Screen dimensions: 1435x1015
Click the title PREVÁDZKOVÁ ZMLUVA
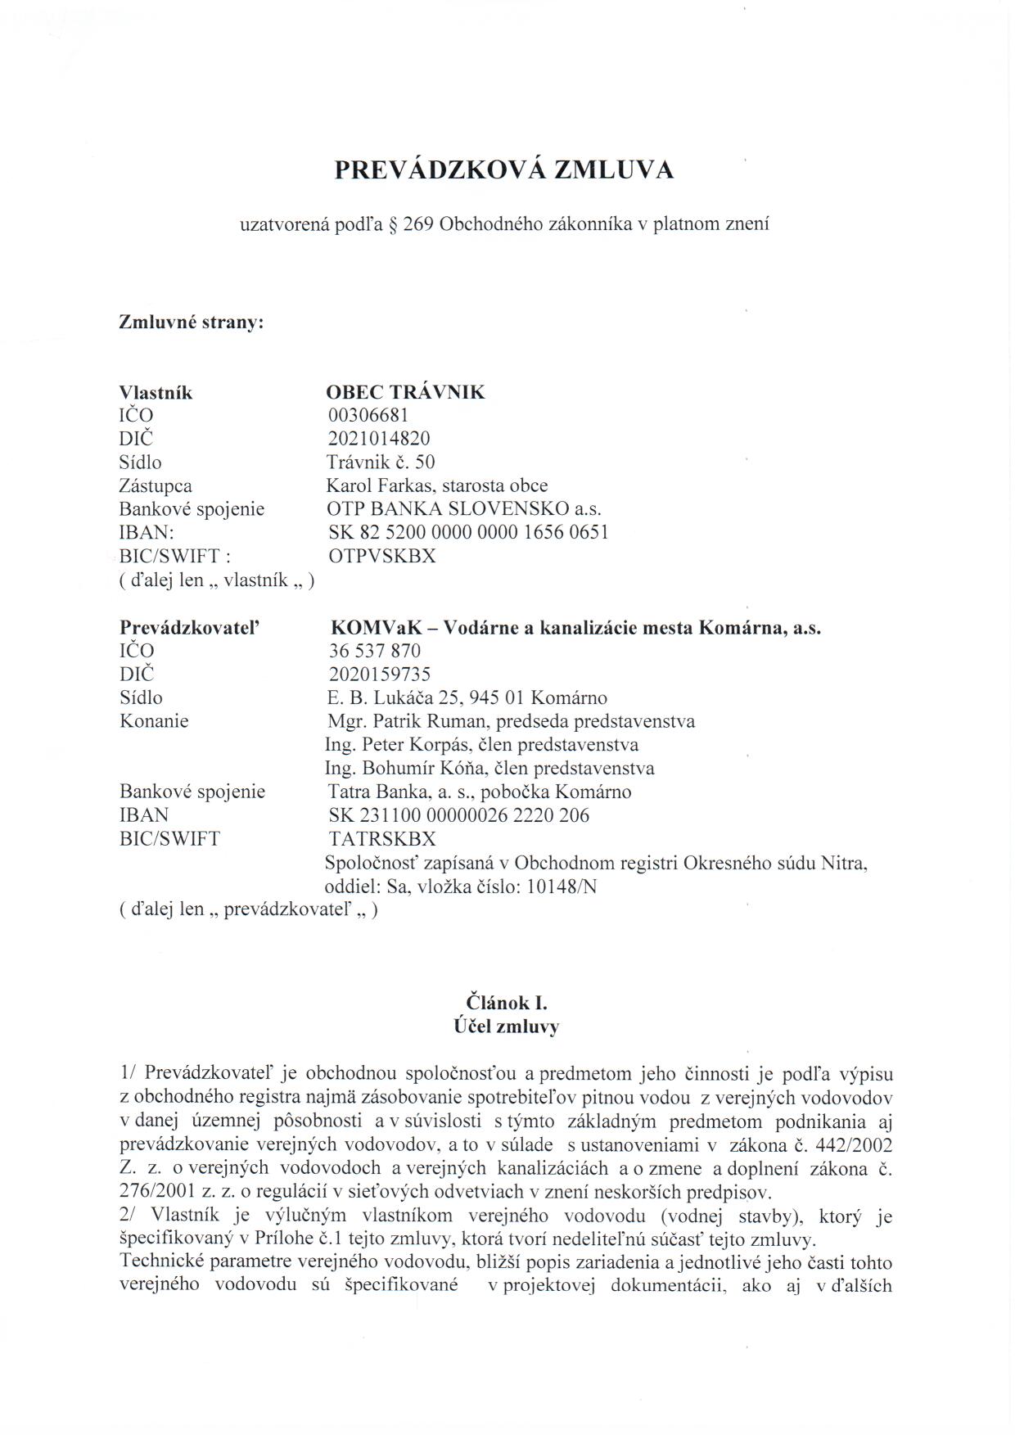[x=504, y=169]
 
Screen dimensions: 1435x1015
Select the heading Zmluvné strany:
[x=192, y=322]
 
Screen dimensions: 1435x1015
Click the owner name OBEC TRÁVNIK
[x=405, y=392]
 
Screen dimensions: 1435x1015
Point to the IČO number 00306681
[x=367, y=416]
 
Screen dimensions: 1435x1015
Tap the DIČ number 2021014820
[x=378, y=439]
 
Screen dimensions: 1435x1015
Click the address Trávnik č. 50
[x=381, y=463]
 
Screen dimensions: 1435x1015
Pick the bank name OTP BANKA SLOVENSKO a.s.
[x=458, y=509]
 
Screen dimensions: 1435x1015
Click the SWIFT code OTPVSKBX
[x=381, y=556]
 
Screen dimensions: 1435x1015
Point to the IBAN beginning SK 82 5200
[x=467, y=532]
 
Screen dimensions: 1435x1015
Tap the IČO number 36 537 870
[x=374, y=651]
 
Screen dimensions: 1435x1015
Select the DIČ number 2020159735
[x=379, y=675]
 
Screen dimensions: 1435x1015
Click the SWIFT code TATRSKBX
[x=382, y=839]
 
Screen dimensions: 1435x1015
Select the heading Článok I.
[x=507, y=1003]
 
